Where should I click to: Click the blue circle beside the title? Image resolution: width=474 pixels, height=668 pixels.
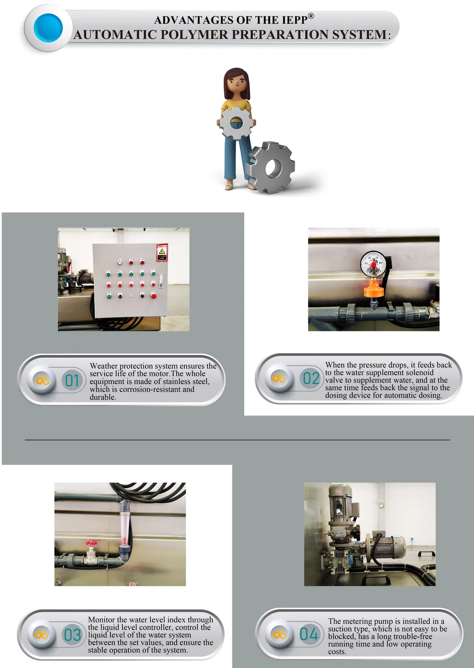(x=48, y=28)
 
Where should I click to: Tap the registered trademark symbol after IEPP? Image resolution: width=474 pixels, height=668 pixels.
(x=311, y=16)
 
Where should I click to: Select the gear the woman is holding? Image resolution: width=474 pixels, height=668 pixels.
(x=236, y=122)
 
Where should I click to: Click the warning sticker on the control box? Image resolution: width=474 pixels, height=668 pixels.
(x=161, y=253)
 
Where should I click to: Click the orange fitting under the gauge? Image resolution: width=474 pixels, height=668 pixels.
(x=374, y=289)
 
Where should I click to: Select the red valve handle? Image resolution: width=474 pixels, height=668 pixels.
(x=92, y=544)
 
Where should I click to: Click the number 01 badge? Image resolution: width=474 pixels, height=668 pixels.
(x=72, y=380)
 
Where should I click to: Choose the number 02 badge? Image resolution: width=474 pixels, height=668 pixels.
(x=311, y=379)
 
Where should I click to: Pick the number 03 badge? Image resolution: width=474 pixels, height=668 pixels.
(x=72, y=635)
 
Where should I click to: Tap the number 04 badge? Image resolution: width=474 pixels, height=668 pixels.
(x=309, y=634)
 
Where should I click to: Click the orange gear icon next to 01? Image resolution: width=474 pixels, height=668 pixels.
(x=42, y=380)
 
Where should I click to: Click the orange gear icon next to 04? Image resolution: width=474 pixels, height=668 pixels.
(x=279, y=634)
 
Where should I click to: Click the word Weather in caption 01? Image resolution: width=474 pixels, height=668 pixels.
(x=104, y=366)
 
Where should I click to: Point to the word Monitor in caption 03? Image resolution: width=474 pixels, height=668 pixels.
(x=102, y=620)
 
